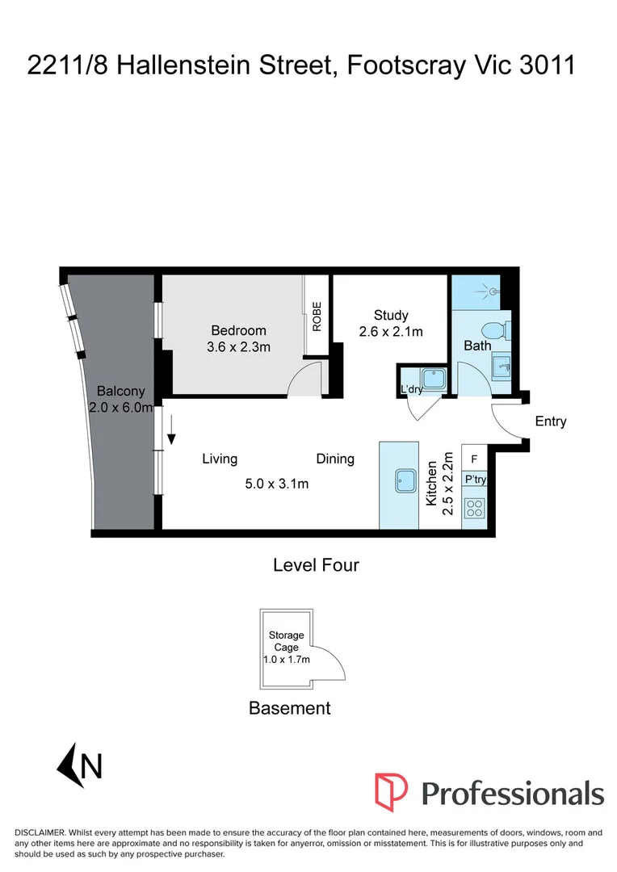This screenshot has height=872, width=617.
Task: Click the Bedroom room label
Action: pos(238,330)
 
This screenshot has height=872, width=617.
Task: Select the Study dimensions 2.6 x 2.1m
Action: pos(391,331)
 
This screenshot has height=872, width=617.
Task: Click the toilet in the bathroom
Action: pos(491,330)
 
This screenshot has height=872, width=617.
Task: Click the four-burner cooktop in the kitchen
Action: pos(474,509)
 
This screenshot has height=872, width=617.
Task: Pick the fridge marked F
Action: pos(473,459)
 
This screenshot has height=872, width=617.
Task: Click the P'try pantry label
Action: pos(473,480)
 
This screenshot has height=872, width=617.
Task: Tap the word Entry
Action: pos(551,421)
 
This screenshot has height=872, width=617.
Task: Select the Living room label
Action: pos(220,459)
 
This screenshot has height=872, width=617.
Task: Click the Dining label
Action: pos(335,459)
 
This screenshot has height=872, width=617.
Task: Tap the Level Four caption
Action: pos(316,565)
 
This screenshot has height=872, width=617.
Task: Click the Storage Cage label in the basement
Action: pos(287,641)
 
